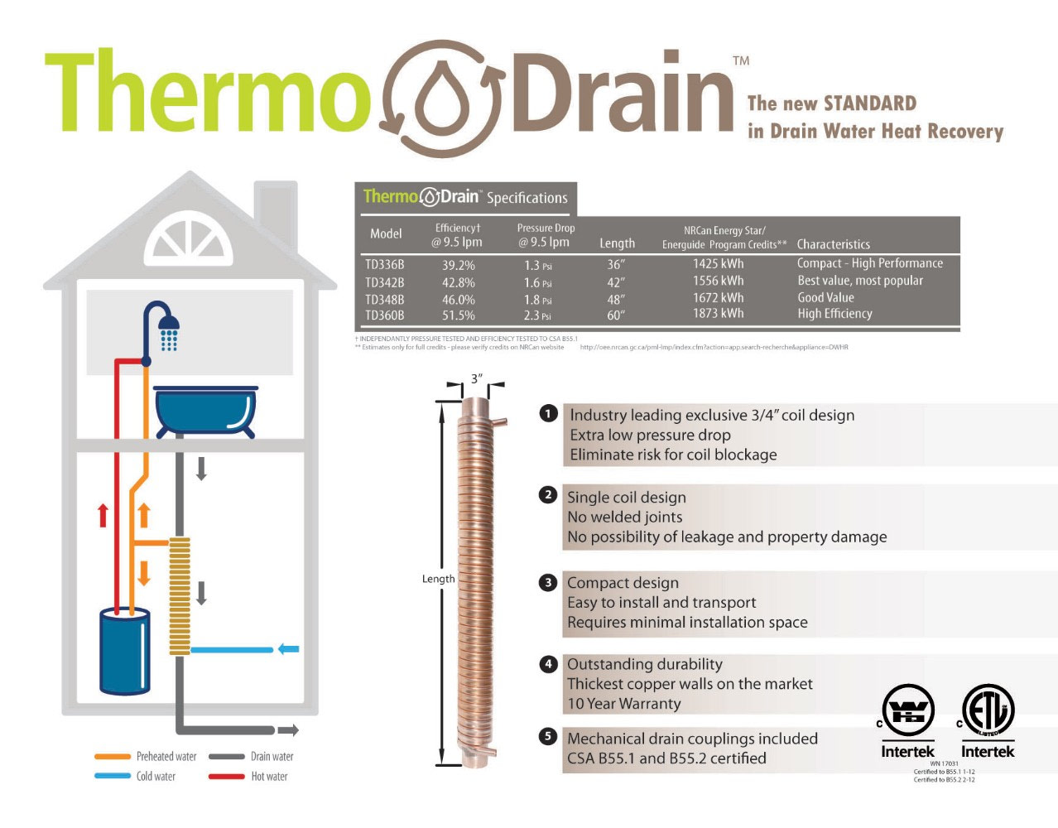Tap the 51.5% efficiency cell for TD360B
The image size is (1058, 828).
pos(458,315)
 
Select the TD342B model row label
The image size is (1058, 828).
pos(385,282)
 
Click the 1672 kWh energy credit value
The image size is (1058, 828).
pos(718,298)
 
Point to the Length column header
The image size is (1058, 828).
pos(617,243)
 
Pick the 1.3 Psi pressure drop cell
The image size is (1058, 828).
pos(537,266)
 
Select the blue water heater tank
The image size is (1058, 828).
pos(125,651)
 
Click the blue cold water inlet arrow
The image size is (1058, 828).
pos(288,649)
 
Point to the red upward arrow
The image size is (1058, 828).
pos(103,515)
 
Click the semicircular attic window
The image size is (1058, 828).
pos(189,238)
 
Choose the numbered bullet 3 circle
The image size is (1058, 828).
pos(548,583)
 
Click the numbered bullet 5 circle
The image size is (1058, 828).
pos(548,736)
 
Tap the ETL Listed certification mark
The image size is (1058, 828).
pos(988,710)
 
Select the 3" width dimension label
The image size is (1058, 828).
pos(476,379)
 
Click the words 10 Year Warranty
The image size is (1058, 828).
pos(624,704)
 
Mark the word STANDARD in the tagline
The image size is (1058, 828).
pos(869,104)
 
